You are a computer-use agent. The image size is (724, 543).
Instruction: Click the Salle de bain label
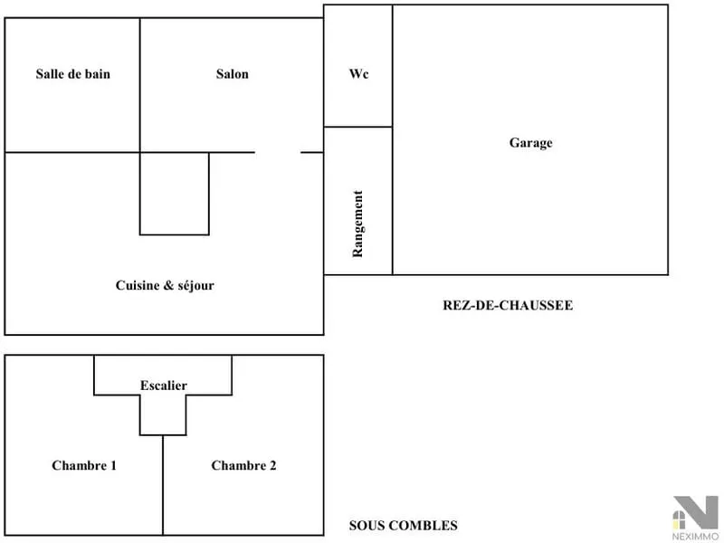pos(73,74)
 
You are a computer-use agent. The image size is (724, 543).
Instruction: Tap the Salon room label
pos(233,74)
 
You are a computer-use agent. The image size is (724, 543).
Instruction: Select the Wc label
pos(358,74)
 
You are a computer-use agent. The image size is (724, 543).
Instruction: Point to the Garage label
pos(530,143)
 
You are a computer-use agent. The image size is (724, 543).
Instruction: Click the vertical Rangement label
pos(357,224)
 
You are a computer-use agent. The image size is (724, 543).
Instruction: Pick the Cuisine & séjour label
pos(165,285)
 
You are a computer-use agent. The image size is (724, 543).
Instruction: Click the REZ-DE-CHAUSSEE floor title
pos(508,305)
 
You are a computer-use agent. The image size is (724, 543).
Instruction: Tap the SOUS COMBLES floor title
pos(403,526)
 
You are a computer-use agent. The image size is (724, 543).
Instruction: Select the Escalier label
pos(164,386)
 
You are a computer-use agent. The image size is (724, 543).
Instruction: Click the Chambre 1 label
pos(84,465)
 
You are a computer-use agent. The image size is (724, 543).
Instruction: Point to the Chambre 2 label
pos(243,465)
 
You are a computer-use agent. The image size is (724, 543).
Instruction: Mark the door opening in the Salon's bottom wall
pos(278,152)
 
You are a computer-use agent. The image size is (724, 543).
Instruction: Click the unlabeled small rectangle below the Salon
pos(175,194)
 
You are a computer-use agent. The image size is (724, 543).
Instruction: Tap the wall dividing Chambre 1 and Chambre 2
pos(163,485)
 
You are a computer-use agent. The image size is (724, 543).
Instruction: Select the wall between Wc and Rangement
pos(357,127)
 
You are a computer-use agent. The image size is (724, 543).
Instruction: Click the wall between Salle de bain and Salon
pos(140,85)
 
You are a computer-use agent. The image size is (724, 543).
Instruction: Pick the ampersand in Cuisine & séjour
pos(168,285)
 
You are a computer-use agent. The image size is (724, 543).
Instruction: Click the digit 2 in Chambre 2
pos(272,465)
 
